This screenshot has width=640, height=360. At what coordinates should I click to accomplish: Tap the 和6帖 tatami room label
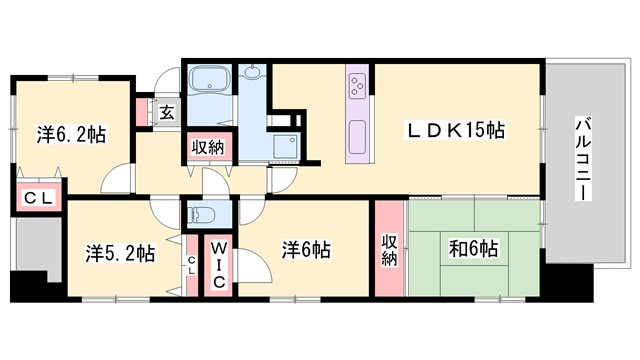click(474, 249)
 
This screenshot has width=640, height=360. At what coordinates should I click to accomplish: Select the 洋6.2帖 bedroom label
click(73, 133)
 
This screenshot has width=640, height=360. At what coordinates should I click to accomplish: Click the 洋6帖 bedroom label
click(306, 249)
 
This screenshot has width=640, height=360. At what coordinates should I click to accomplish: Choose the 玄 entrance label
click(166, 111)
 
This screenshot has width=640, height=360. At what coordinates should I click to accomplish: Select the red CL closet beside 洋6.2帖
click(38, 197)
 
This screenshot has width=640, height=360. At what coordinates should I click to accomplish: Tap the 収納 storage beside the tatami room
click(389, 249)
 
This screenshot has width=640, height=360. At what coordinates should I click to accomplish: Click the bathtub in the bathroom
click(209, 81)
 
